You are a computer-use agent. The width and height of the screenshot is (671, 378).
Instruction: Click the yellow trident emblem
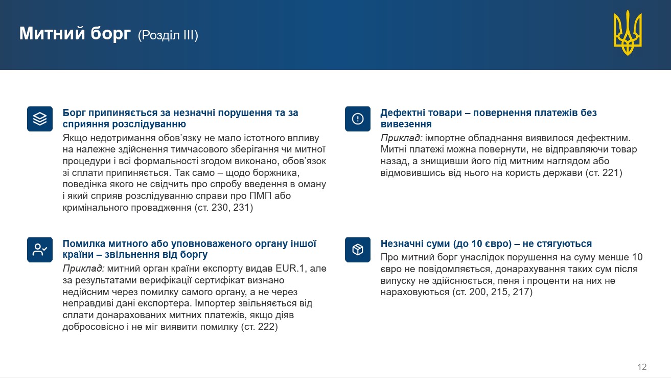628,33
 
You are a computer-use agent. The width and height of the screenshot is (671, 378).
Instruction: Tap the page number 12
642,367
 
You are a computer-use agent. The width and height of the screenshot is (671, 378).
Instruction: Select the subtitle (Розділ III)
168,35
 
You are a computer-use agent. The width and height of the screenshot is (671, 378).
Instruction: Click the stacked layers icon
40,119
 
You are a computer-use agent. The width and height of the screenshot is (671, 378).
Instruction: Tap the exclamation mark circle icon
358,119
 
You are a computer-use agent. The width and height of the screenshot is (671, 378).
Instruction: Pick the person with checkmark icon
40,250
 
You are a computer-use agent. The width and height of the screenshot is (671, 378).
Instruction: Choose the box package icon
358,250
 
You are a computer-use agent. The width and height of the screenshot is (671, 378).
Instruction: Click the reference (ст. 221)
604,173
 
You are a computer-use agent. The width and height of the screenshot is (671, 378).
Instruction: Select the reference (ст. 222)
260,326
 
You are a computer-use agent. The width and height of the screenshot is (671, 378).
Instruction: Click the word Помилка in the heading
84,243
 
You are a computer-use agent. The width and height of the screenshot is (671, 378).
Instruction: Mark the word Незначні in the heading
401,243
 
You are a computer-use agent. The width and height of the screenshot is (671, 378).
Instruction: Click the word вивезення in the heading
406,124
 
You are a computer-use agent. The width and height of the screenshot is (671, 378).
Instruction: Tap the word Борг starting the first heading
74,113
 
